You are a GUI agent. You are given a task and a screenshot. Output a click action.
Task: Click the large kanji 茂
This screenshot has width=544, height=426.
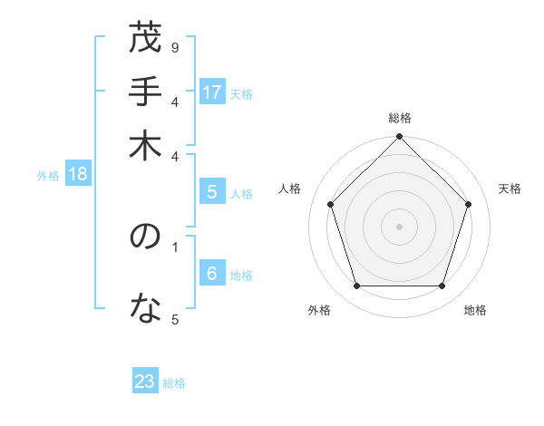tap(145, 41)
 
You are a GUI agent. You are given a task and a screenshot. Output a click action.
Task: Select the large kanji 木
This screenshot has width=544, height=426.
tap(145, 147)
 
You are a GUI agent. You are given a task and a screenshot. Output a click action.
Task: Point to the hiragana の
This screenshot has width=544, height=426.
tap(145, 239)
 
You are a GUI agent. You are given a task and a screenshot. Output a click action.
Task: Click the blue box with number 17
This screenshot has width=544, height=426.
tap(212, 92)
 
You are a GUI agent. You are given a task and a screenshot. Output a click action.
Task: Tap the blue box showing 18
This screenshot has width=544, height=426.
tap(77, 175)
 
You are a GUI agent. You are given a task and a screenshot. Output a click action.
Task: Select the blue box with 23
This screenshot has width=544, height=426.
tap(145, 382)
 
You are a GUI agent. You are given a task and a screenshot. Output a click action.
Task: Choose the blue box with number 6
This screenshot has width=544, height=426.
tap(212, 275)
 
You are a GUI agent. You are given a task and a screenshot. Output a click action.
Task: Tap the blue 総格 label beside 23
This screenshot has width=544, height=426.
tap(174, 383)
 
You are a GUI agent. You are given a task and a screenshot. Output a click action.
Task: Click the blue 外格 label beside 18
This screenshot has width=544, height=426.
tap(48, 176)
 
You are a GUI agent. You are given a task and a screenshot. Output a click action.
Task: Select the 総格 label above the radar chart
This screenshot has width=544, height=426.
tap(399, 118)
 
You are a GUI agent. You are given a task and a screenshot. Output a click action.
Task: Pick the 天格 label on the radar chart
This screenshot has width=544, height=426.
tap(510, 189)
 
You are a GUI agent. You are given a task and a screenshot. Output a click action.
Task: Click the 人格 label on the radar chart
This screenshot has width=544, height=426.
tap(290, 189)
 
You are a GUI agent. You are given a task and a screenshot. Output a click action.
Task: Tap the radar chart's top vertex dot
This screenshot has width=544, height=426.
tap(399, 138)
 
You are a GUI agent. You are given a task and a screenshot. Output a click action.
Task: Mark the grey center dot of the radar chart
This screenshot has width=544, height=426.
tap(399, 227)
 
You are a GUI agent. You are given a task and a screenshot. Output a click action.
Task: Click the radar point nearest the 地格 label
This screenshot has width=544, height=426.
tap(442, 286)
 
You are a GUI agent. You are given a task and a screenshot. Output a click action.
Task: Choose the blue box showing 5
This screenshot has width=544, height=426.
tap(212, 191)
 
